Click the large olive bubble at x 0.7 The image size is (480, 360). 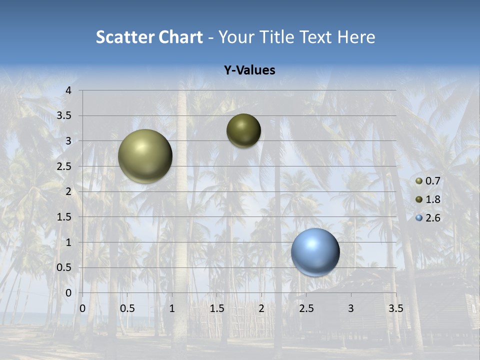[145, 156]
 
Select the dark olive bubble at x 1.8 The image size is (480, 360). [243, 131]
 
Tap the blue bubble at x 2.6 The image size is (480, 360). [315, 252]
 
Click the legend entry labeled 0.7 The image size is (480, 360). [429, 181]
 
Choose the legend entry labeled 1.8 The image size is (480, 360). [429, 199]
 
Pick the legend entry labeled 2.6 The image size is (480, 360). [429, 218]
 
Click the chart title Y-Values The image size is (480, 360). [249, 70]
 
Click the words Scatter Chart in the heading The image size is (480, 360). [149, 37]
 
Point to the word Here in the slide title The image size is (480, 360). [356, 37]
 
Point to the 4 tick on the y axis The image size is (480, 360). [69, 90]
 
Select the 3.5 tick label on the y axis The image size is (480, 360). [64, 115]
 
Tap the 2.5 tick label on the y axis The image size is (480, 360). [64, 166]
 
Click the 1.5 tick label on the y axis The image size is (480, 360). [64, 217]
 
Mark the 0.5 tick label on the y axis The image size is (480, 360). [64, 267]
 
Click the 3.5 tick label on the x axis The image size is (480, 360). [395, 308]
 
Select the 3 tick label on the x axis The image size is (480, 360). [351, 308]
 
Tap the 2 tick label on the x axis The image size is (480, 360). [261, 308]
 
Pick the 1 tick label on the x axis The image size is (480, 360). [172, 308]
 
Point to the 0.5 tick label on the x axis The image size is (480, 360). [127, 308]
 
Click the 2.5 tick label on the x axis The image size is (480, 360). [306, 308]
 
